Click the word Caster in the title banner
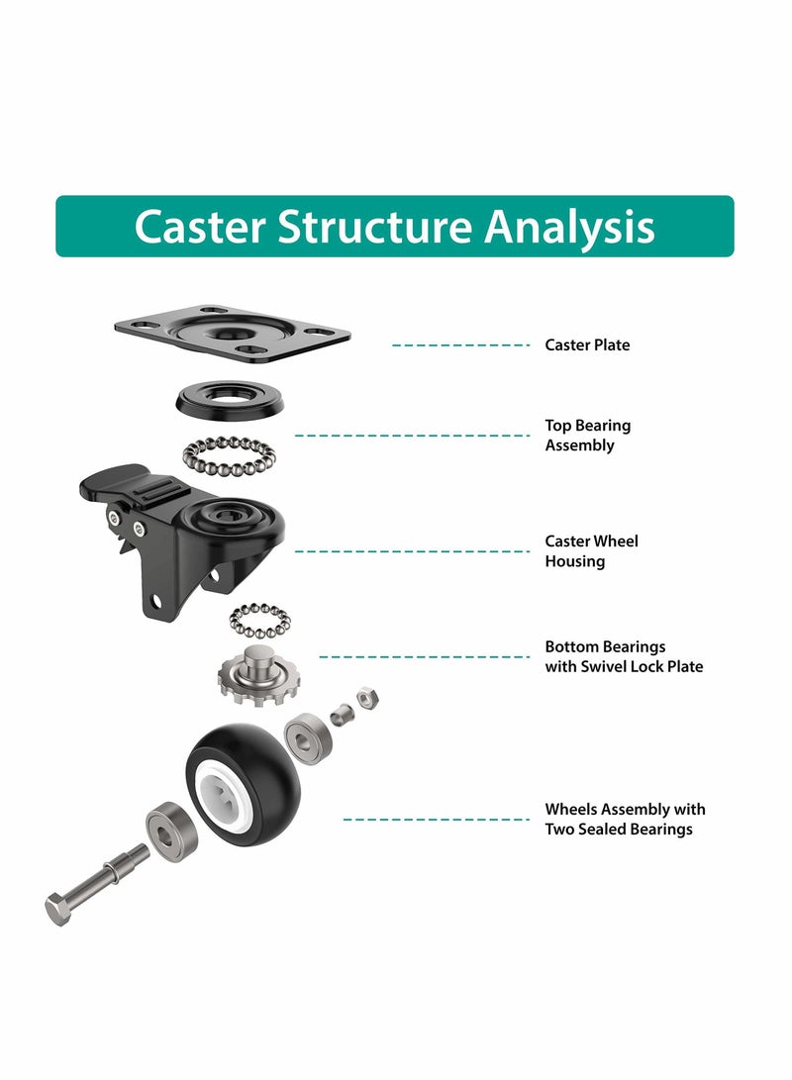point(200,227)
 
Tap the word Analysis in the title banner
point(569,227)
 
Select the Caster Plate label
point(587,345)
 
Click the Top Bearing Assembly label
point(587,436)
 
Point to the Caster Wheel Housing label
point(591,551)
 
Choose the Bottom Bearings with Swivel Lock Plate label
point(624,656)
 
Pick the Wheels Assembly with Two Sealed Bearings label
point(625,820)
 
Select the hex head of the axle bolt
point(58,908)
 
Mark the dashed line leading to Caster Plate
point(461,345)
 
